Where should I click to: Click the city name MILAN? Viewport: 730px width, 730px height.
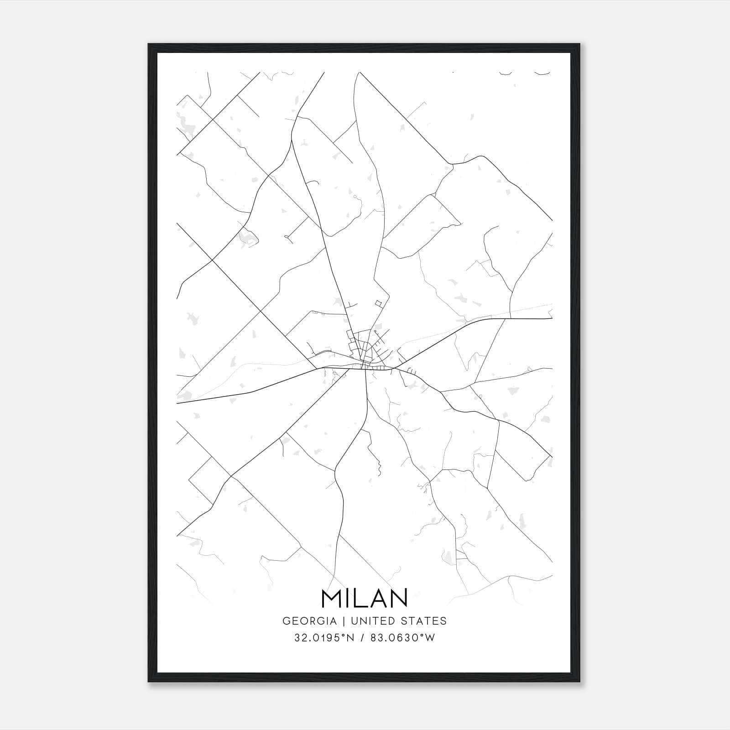(x=364, y=599)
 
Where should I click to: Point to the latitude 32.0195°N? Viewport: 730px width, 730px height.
(x=324, y=638)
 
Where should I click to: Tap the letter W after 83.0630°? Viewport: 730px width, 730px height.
(x=430, y=638)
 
